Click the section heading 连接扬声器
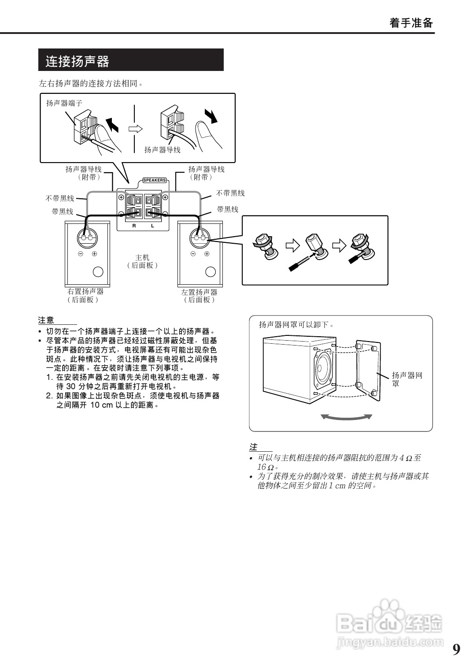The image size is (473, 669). coord(78,61)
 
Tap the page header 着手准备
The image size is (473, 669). coord(411,23)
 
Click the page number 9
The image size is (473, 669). coord(456,649)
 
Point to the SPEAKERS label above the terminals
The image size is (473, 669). coord(155,180)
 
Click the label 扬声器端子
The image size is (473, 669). coord(64,103)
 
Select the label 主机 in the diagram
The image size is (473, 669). coord(142,257)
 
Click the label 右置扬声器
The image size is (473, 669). coord(85,291)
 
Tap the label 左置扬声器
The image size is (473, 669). coord(199,292)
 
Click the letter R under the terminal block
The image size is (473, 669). coord(134,226)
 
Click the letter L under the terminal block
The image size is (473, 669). coord(152,226)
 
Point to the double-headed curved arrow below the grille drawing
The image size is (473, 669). coord(347,416)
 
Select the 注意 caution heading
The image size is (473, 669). coord(46,320)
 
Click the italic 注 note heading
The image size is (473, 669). coord(253,447)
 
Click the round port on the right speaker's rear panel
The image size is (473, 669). coord(98,272)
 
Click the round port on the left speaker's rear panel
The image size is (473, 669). coord(211,271)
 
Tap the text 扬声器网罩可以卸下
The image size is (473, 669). coord(296,325)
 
